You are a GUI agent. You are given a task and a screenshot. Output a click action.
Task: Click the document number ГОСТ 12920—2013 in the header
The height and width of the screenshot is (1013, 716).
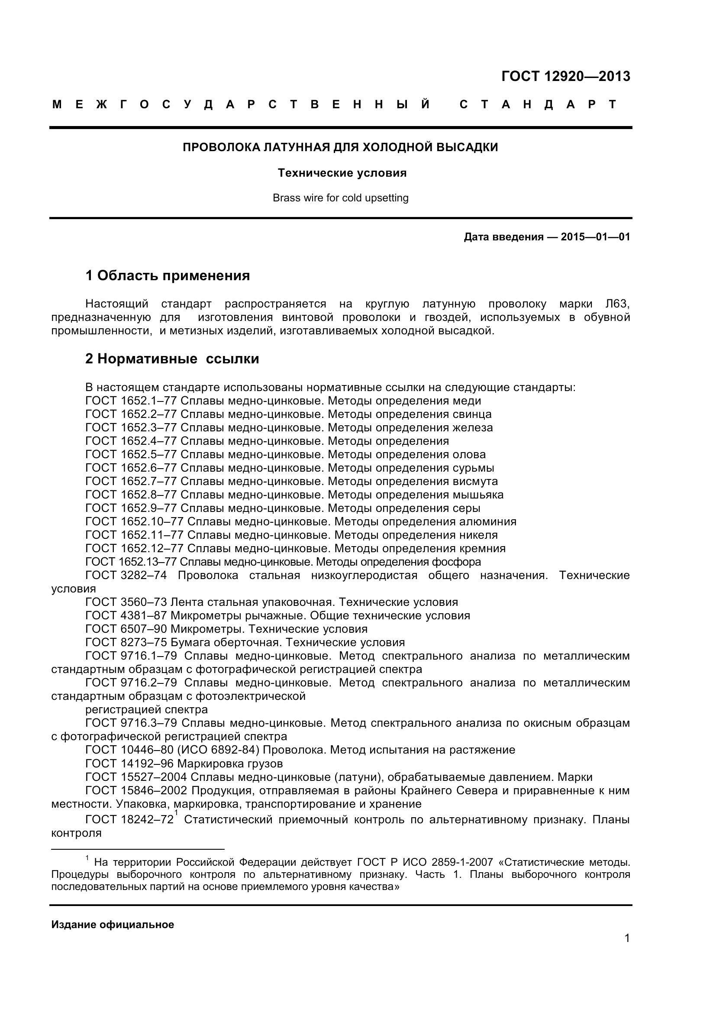566,76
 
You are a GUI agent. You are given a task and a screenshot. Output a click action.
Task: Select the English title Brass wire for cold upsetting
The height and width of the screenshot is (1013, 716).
340,198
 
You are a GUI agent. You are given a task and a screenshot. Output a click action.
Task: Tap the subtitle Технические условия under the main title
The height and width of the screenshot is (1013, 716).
342,173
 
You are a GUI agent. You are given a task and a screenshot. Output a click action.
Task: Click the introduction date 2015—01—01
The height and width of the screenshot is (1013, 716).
595,237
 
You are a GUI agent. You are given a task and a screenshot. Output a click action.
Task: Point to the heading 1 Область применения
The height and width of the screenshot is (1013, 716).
168,276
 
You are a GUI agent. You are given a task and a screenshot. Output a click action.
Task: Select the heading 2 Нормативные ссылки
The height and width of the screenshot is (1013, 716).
172,359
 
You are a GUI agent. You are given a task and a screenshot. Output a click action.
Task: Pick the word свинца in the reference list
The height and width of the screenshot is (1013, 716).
472,414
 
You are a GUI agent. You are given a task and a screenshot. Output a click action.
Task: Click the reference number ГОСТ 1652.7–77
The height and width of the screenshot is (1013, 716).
131,481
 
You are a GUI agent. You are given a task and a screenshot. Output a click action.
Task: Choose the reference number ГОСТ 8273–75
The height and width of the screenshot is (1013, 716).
126,642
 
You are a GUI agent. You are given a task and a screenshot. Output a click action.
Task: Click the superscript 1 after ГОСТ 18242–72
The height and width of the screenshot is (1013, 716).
176,812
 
